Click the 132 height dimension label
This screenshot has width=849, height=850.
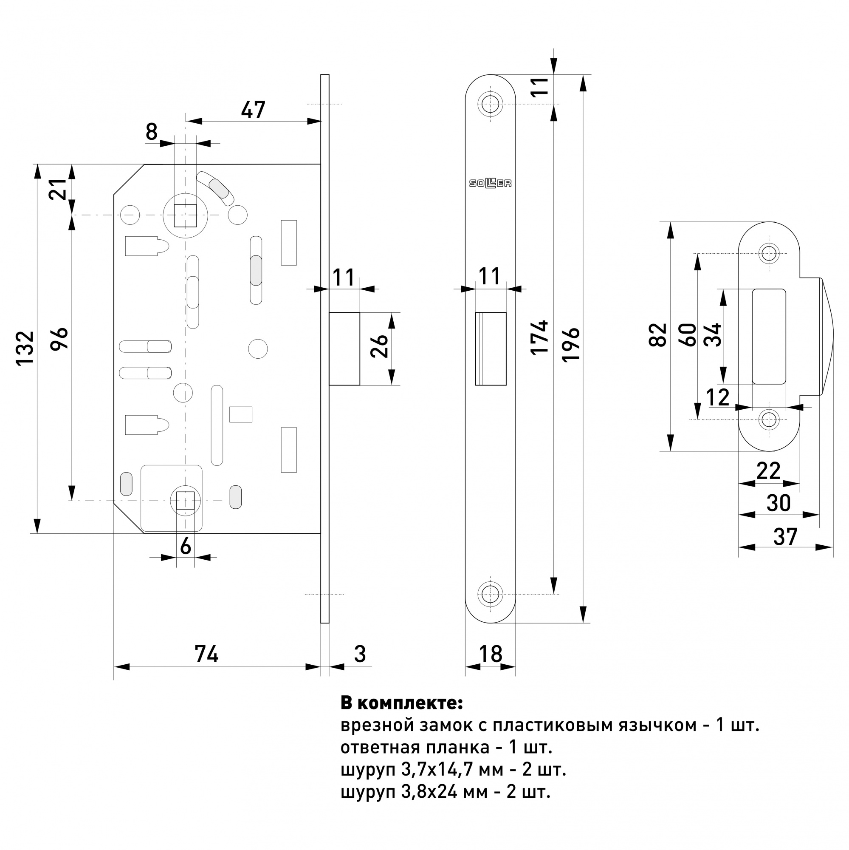[x=25, y=348]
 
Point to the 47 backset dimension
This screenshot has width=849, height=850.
[x=253, y=110]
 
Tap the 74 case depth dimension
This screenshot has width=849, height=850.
[x=207, y=654]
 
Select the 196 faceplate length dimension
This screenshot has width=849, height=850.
[x=571, y=345]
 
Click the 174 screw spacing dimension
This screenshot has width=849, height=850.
[x=539, y=337]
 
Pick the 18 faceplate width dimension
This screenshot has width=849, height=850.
[x=490, y=654]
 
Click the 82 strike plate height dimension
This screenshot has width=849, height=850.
[x=658, y=335]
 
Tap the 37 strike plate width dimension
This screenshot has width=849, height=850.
[x=785, y=537]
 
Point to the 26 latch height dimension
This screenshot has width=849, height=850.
[x=379, y=346]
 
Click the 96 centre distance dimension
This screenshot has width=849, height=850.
[x=59, y=338]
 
